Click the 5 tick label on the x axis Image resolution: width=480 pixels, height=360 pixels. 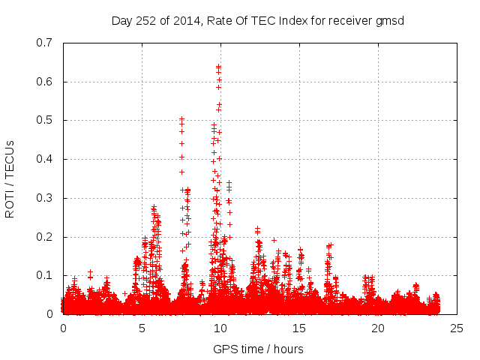(x=142, y=328)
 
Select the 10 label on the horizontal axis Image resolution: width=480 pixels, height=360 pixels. (x=220, y=328)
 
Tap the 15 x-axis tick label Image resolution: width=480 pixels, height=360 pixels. (x=299, y=328)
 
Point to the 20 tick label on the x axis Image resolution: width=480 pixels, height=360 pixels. (x=378, y=328)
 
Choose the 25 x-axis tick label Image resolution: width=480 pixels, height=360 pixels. (x=457, y=328)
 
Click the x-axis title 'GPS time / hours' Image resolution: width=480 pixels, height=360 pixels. (x=258, y=349)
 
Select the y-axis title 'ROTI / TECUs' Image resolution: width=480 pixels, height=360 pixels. (x=10, y=178)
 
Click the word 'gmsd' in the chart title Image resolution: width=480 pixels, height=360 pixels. (x=390, y=21)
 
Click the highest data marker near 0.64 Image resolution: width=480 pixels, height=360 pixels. (x=218, y=67)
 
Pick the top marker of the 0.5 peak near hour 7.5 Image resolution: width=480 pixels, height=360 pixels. (x=181, y=118)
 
